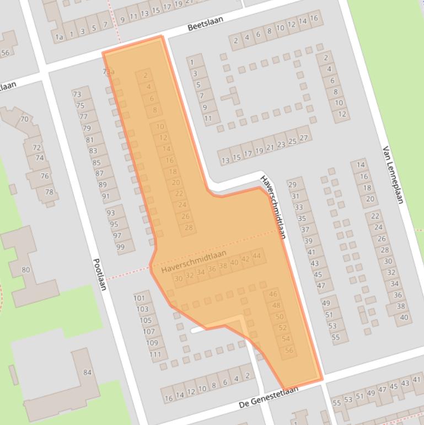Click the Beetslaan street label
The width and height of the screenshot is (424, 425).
(205, 26)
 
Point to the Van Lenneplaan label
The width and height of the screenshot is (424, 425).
(393, 175)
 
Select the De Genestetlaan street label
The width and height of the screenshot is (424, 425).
(269, 397)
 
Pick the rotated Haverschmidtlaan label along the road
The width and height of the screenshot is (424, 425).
(273, 207)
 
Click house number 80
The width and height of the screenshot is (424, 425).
(25, 270)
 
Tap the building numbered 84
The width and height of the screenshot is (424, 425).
(87, 373)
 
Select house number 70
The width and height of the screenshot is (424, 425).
(24, 119)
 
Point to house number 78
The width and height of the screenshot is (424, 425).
(49, 192)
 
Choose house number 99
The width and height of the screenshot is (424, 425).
(120, 247)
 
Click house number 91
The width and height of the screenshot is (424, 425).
(105, 196)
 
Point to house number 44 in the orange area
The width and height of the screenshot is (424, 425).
(256, 256)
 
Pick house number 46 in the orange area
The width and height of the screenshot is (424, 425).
(273, 294)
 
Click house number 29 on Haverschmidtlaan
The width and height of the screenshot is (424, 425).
(292, 185)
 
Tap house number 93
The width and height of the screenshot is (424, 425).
(111, 212)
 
